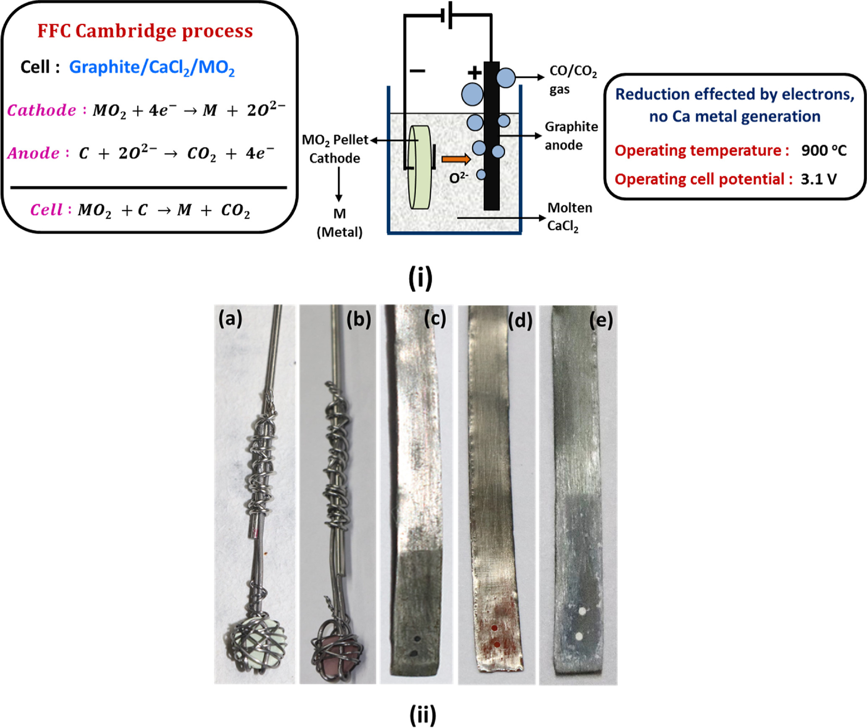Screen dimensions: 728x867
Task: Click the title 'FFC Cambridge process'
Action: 145,31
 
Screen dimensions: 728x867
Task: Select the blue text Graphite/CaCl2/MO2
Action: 152,67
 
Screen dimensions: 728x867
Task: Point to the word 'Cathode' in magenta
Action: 42,110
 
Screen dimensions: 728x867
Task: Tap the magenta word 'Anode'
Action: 33,153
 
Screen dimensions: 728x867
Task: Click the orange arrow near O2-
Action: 456,159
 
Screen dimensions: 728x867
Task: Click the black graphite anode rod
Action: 491,139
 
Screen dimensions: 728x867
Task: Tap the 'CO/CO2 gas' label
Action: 573,79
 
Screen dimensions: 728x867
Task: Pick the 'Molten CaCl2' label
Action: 569,217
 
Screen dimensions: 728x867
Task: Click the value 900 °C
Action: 824,150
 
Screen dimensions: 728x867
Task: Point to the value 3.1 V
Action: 818,179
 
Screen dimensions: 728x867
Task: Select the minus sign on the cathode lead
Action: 417,71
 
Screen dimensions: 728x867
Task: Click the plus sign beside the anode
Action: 474,73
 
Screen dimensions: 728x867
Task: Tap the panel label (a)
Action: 230,319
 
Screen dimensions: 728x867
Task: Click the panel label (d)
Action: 520,321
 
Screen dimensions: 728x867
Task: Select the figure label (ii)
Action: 422,715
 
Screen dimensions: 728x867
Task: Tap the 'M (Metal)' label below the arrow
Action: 339,223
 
